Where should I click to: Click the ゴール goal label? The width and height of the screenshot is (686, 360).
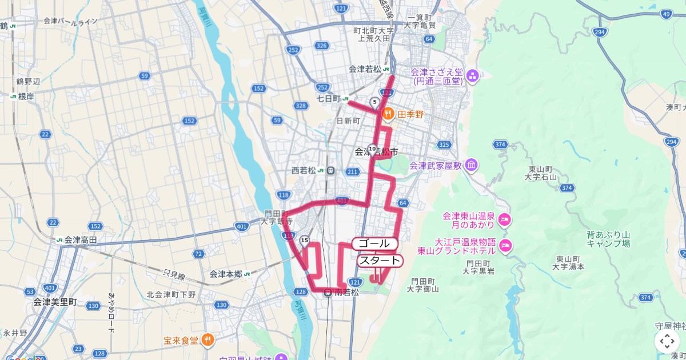coord(375,243)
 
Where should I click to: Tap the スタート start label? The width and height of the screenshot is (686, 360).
coord(380,261)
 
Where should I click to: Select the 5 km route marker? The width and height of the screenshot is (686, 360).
coord(374,102)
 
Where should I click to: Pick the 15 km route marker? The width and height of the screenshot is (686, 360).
coord(304,240)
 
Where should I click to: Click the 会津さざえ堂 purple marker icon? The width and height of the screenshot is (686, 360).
coord(473,76)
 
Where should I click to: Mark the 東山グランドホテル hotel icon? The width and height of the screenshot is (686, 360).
coord(505,246)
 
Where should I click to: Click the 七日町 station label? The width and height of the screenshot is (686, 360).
coord(329,99)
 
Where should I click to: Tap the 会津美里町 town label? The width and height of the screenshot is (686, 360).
coord(55,301)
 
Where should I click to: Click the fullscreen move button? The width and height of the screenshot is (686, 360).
coord(667,341)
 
